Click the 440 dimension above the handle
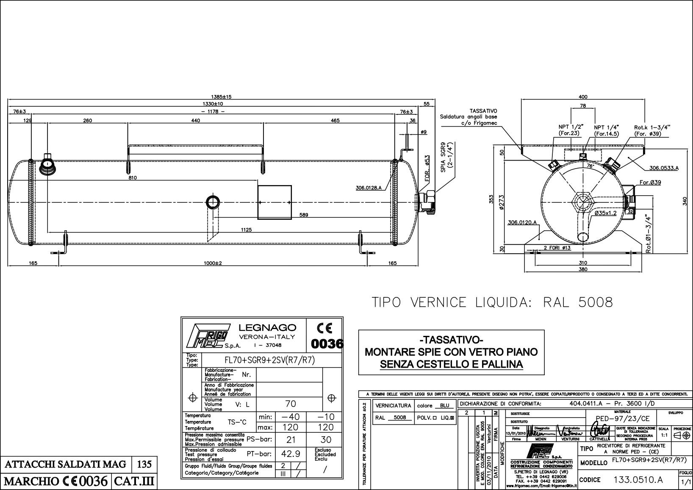coord(195,121)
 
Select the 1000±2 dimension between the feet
coord(212,263)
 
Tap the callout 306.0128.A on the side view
coord(369,188)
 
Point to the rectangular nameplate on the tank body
coord(274,202)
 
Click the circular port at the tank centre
coord(212,202)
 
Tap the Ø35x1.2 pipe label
coord(605,213)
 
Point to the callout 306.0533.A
coord(664,168)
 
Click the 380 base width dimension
coord(583,269)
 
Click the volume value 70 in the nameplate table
coord(290,404)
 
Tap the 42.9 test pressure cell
coord(290,454)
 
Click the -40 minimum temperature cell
coord(290,417)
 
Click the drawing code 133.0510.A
coord(638,480)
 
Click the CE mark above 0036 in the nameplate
coord(324,328)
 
